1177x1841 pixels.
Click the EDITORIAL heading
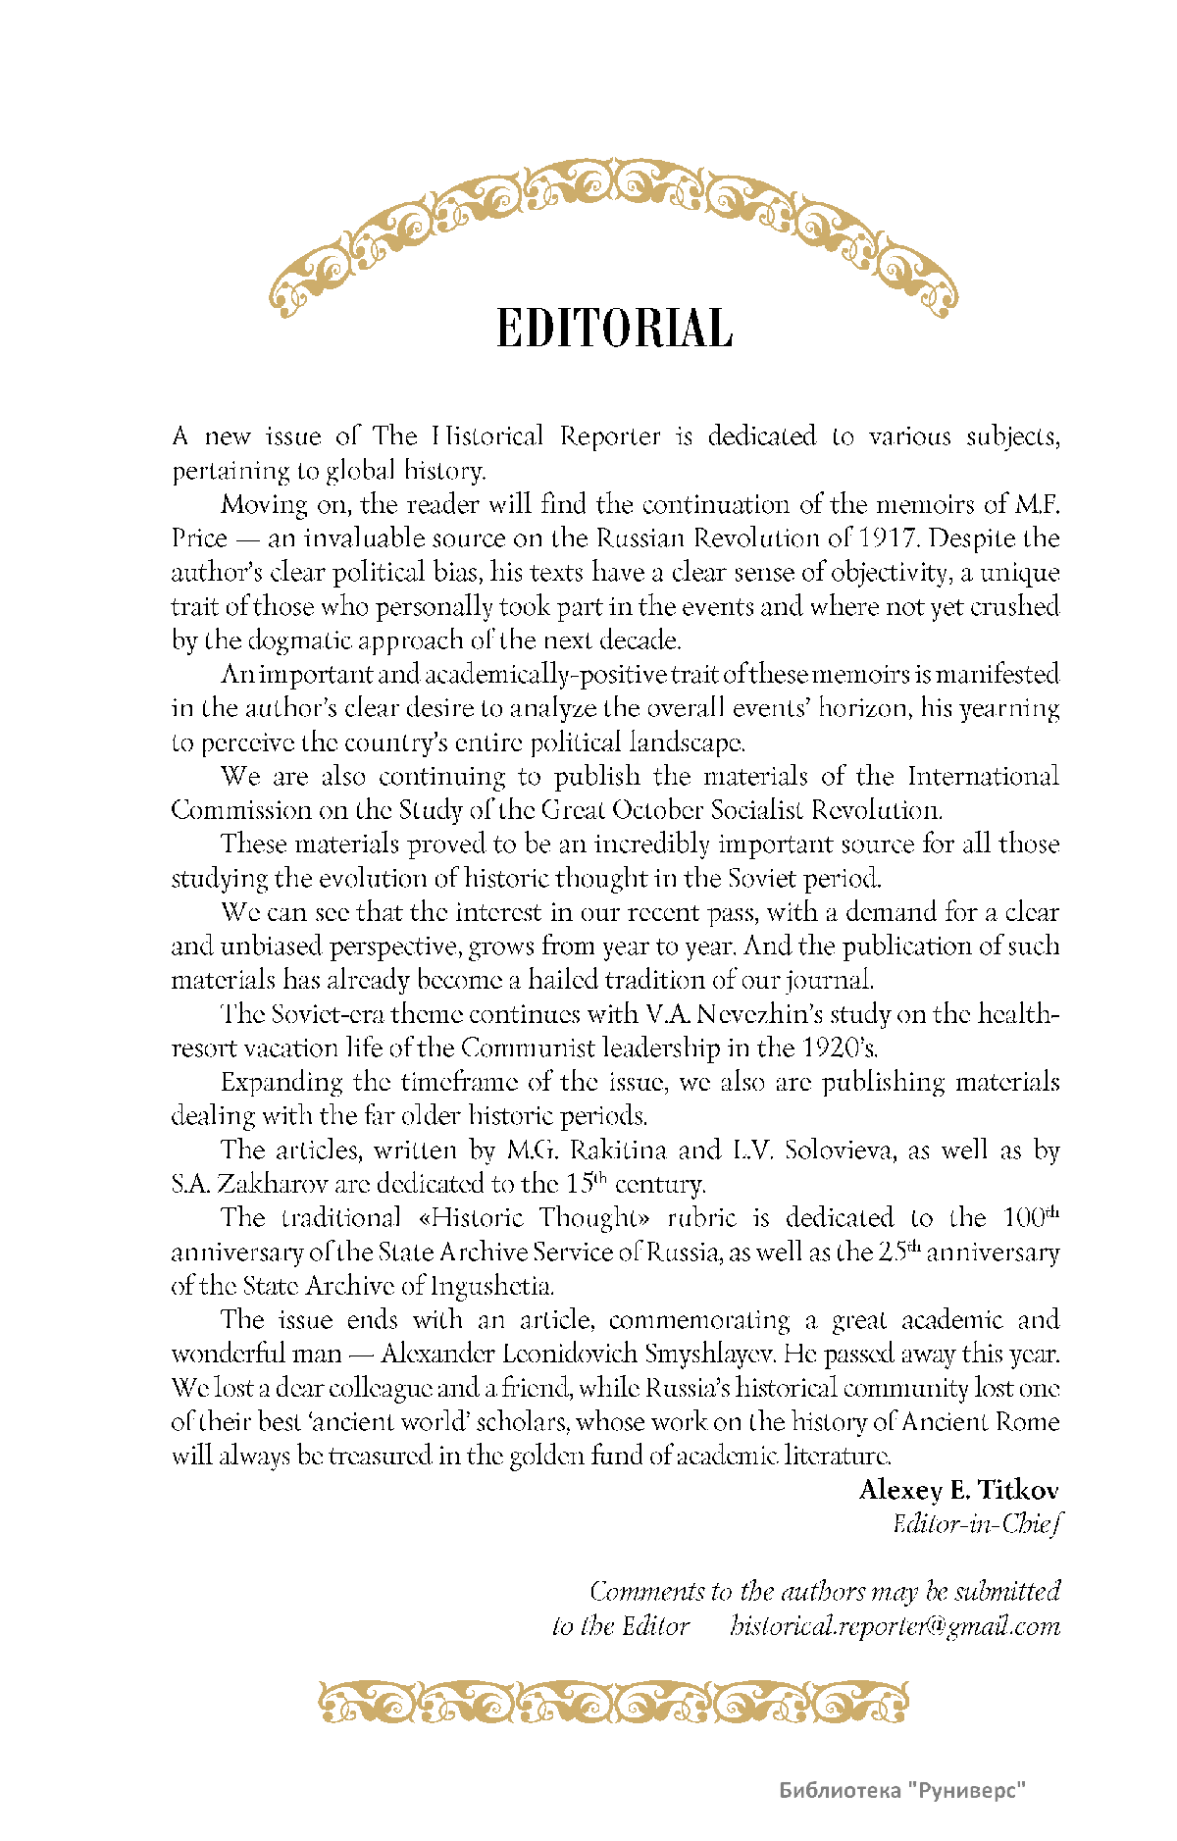614,329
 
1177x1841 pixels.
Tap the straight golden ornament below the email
614,1702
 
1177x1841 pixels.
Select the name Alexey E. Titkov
958,1490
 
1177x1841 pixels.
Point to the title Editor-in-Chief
976,1523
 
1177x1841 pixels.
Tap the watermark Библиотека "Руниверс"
902,1790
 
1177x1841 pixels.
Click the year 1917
888,538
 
